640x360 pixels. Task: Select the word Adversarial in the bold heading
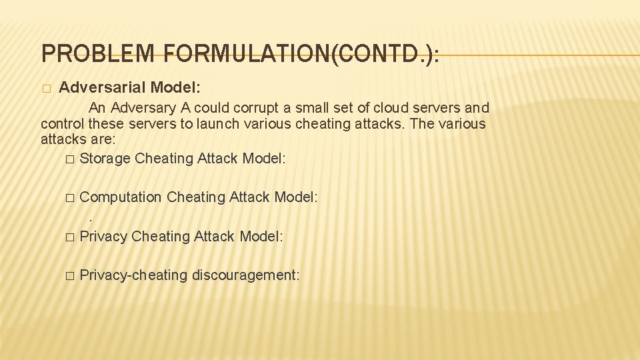pos(103,87)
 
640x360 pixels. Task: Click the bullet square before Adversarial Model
pos(45,89)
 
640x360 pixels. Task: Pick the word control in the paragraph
pos(63,124)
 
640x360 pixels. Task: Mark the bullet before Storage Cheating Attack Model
pos(71,159)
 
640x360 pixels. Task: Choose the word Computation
pos(121,197)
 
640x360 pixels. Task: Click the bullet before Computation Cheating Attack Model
pos(71,198)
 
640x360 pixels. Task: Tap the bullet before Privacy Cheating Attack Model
pos(71,237)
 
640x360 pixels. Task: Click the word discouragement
pos(245,275)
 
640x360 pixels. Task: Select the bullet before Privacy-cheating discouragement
pos(71,276)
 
